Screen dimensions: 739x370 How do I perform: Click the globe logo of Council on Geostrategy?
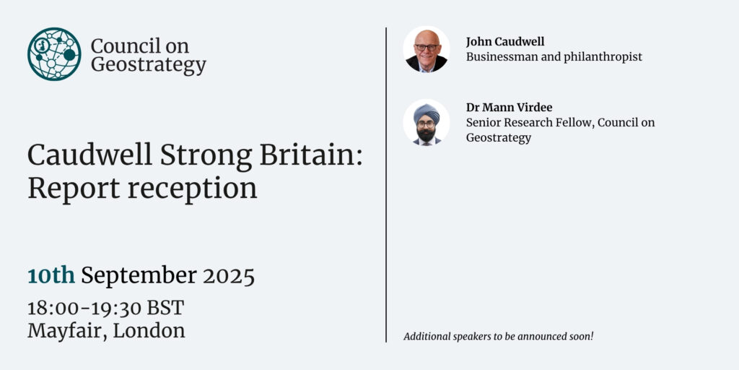point(54,53)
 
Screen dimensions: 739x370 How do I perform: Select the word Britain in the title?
point(311,156)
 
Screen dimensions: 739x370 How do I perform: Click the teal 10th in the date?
point(51,275)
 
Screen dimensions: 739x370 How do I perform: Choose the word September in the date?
point(139,276)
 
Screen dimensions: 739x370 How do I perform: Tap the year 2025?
point(229,276)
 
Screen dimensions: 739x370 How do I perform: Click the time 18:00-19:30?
point(84,309)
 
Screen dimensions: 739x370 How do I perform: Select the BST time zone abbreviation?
point(165,309)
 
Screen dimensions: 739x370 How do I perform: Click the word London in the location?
point(149,331)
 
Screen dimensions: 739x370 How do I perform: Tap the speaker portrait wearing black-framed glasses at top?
point(426,50)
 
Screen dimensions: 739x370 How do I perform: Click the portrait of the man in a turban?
point(426,122)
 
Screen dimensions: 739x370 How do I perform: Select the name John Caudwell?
point(505,42)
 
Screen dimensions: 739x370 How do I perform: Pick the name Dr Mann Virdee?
point(509,108)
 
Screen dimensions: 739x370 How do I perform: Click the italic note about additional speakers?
point(499,337)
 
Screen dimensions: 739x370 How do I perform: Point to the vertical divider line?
point(386,184)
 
